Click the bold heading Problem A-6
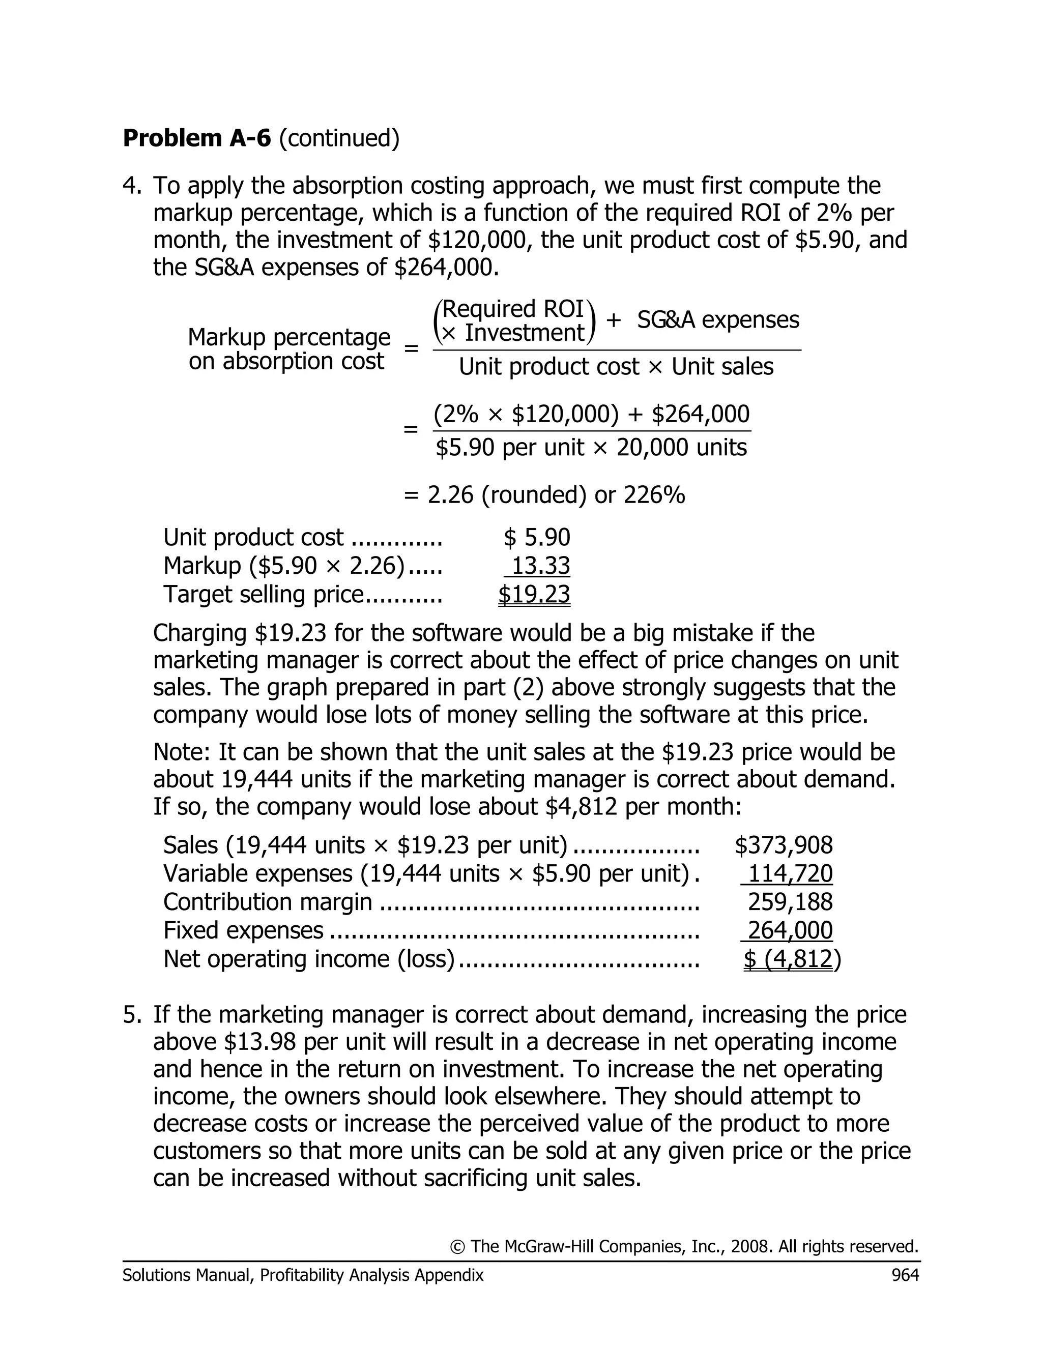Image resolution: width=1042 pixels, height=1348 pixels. (196, 138)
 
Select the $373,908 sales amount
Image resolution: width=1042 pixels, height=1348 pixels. (784, 845)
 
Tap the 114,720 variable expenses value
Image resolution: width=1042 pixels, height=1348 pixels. (790, 873)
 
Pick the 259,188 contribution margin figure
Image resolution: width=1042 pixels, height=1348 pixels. (790, 902)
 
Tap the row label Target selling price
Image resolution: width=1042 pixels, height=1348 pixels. (264, 594)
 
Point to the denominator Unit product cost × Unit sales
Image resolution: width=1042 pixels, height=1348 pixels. (616, 367)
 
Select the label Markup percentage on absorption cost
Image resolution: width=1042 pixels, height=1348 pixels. (288, 349)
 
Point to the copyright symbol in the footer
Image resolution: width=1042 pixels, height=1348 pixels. (457, 1247)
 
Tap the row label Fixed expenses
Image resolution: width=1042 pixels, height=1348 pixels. (243, 930)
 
